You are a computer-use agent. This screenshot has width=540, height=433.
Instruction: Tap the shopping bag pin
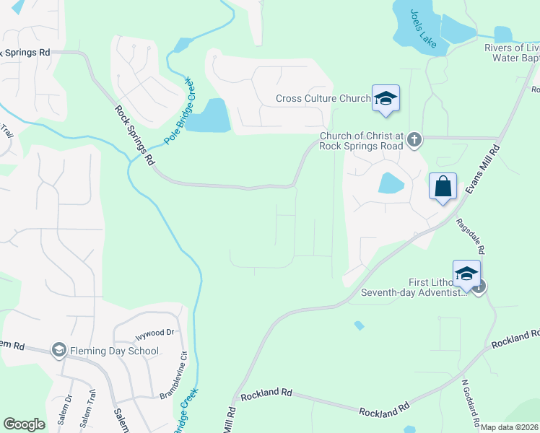tap(443, 188)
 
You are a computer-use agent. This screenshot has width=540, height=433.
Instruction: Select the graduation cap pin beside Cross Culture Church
tap(386, 99)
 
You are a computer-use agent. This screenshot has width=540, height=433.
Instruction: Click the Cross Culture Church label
tap(323, 99)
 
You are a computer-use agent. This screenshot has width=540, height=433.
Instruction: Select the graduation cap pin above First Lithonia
tap(467, 274)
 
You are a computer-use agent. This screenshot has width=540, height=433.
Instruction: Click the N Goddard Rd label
tap(470, 403)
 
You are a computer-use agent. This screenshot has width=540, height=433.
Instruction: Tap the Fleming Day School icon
tap(58, 351)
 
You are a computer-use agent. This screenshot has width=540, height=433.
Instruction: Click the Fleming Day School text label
tap(114, 351)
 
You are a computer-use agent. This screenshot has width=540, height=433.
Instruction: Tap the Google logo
tap(24, 424)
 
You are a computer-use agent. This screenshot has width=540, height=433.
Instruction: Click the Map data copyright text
tap(509, 427)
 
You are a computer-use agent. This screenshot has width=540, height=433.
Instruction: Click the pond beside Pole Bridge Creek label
tap(214, 115)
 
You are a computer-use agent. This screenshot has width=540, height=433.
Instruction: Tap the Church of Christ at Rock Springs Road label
tap(362, 140)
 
